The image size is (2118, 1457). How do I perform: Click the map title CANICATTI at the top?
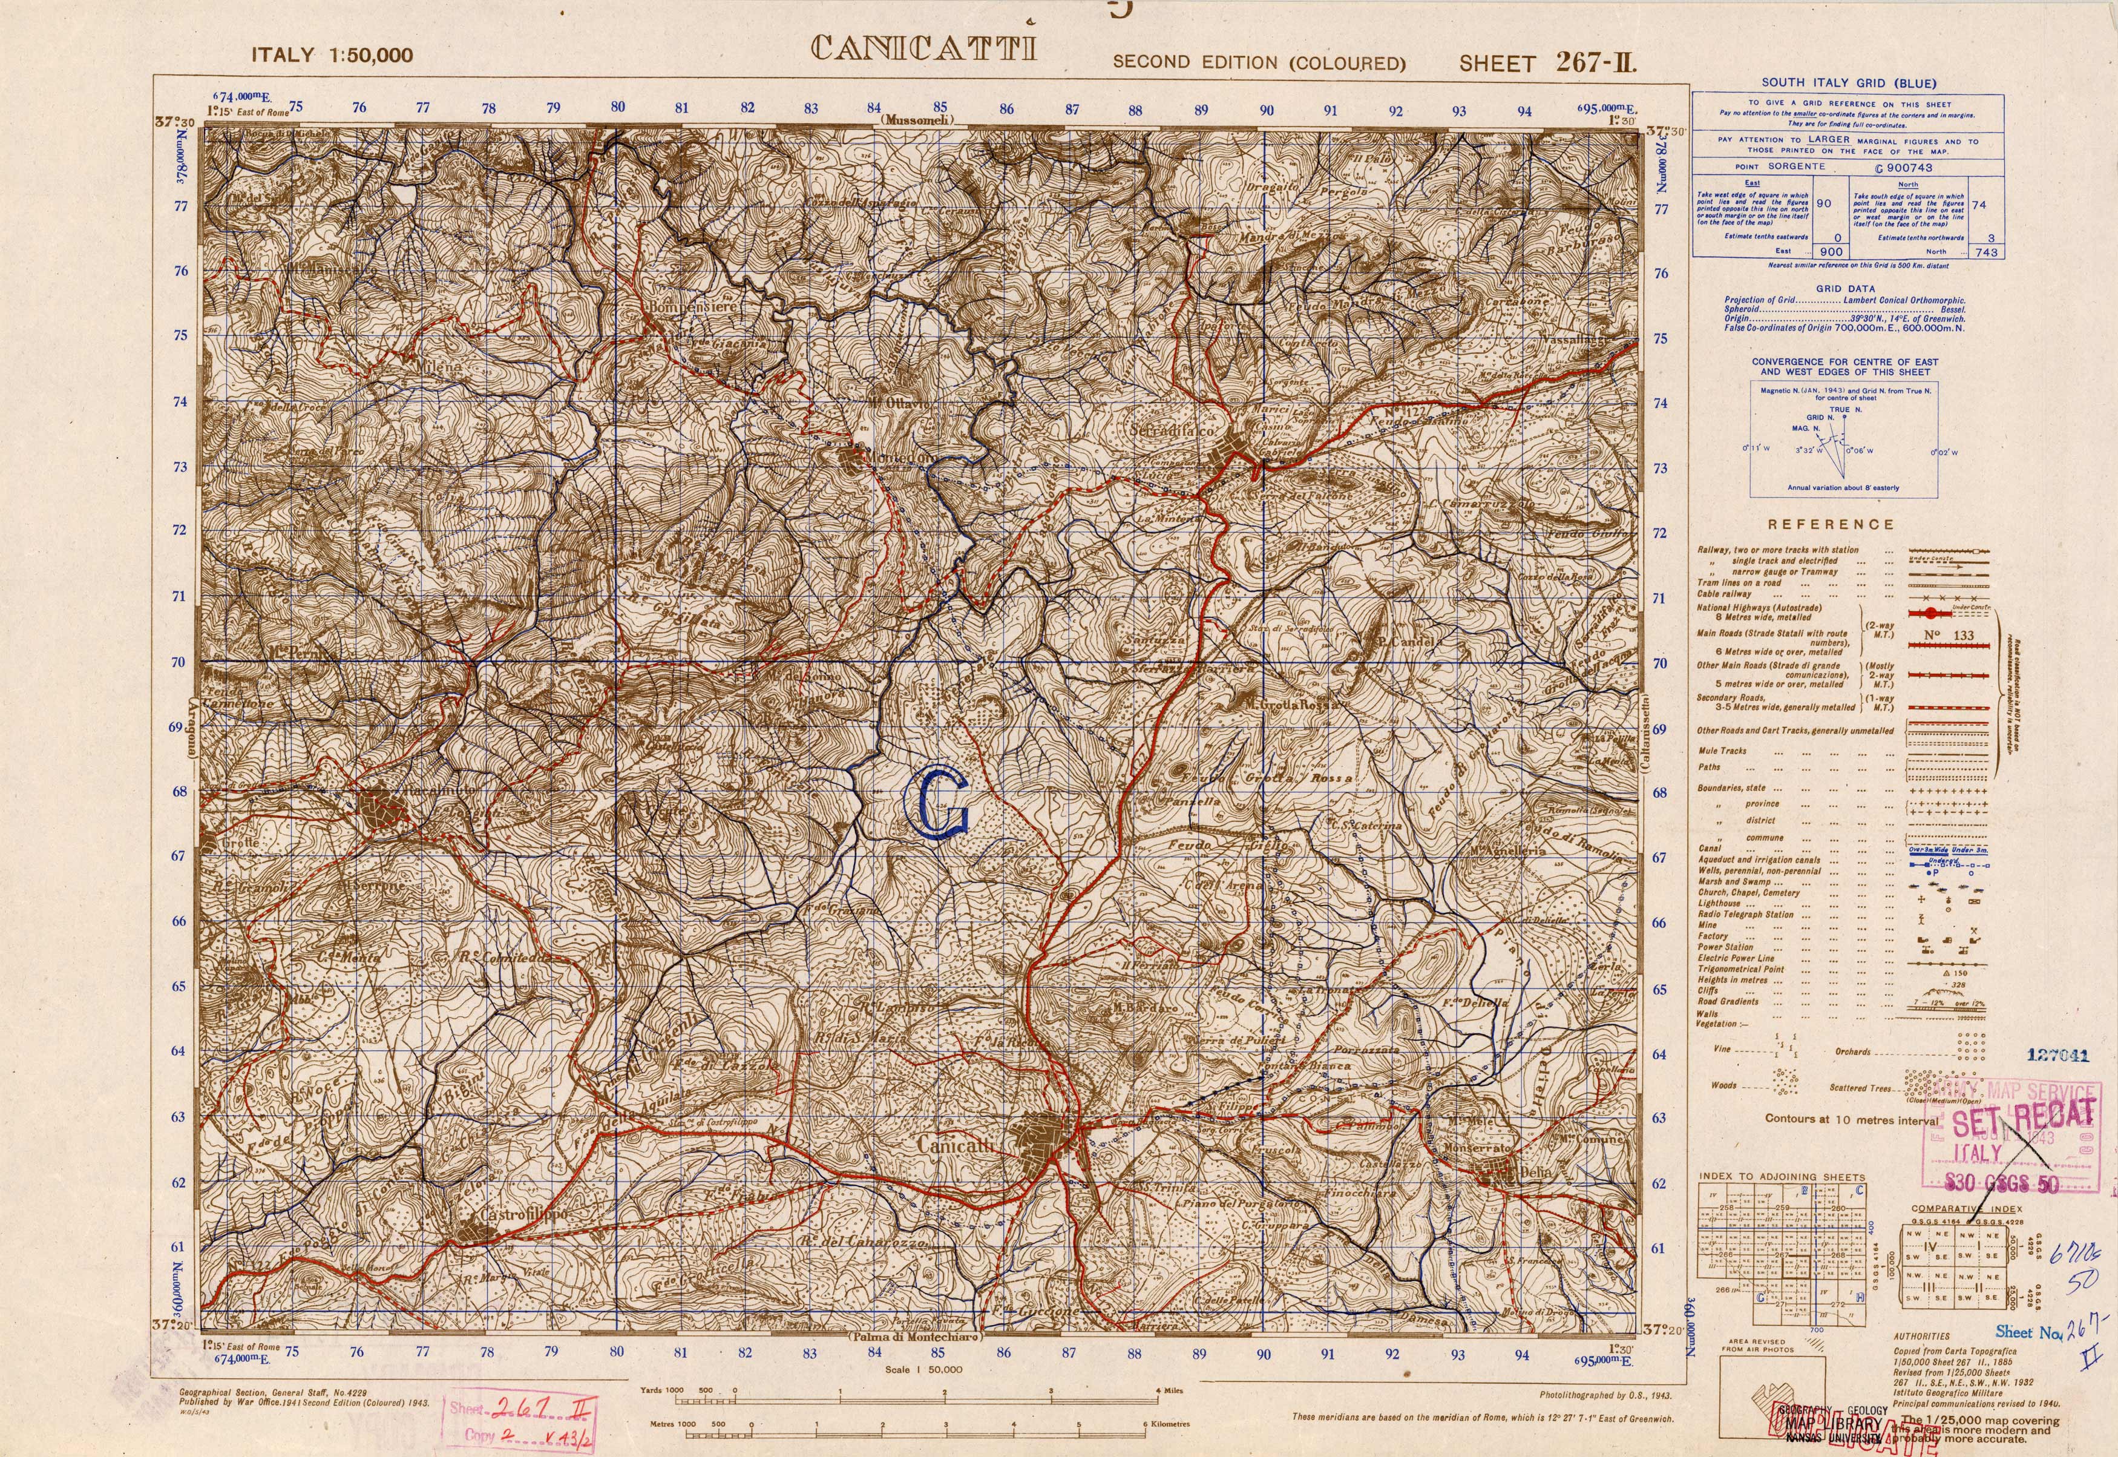pyautogui.click(x=923, y=47)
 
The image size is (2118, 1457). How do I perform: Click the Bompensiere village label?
pyautogui.click(x=693, y=308)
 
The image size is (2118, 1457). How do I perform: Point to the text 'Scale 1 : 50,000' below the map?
pyautogui.click(x=923, y=1369)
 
